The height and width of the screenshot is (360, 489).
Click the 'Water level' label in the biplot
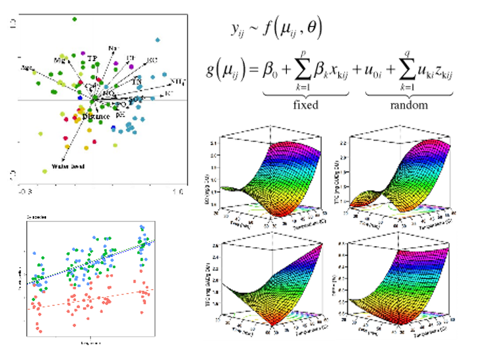(70, 166)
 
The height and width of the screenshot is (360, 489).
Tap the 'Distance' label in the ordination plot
(96, 117)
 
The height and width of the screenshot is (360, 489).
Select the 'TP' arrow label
(92, 58)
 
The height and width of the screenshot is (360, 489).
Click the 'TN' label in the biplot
(136, 81)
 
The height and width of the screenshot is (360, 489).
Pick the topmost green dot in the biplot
(74, 19)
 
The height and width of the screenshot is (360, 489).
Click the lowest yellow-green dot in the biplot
(45, 171)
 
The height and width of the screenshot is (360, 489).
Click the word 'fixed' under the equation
(305, 105)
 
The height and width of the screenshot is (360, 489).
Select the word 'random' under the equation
(409, 105)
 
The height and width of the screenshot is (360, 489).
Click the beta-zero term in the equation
(270, 71)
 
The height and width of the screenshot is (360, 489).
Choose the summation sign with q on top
(401, 71)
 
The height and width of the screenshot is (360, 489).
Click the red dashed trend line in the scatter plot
(93, 299)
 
